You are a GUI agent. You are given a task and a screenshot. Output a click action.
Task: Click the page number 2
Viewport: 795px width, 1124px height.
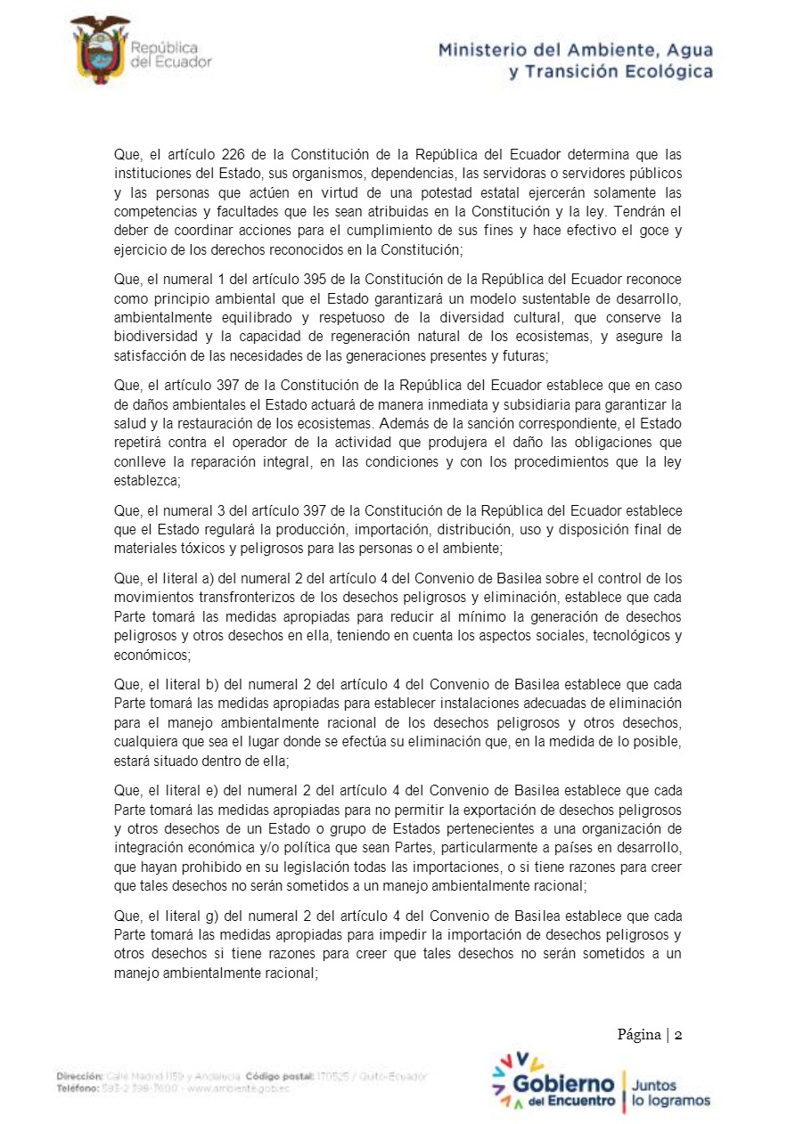[x=678, y=1034]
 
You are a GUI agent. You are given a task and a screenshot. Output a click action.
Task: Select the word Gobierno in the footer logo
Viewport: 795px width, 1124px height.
[x=563, y=1086]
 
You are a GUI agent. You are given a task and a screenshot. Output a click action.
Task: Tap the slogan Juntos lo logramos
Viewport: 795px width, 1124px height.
[x=670, y=1094]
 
